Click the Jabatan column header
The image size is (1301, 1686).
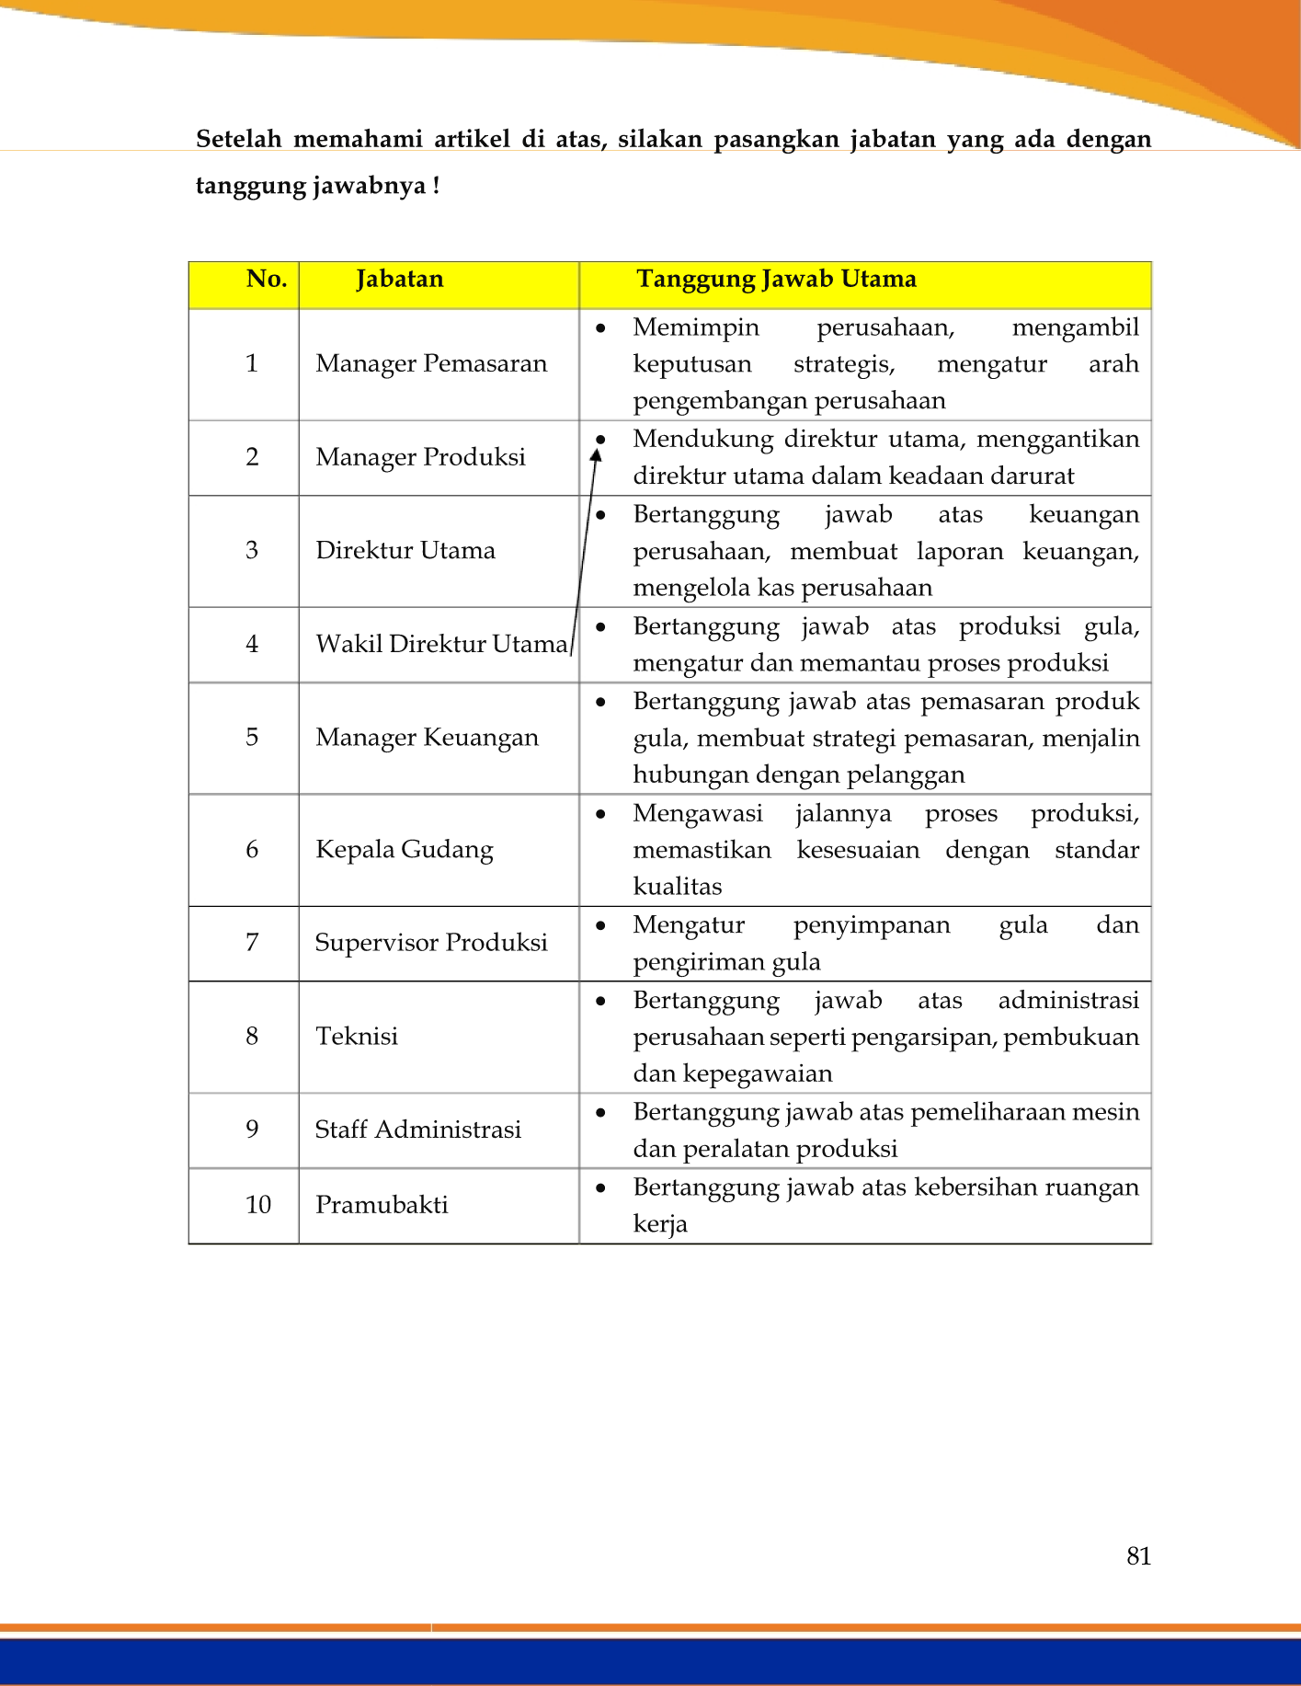(399, 280)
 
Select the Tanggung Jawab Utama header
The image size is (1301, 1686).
(776, 280)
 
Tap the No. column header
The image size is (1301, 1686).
(267, 280)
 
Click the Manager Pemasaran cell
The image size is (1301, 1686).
(431, 364)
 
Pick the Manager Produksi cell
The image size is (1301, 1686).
(420, 457)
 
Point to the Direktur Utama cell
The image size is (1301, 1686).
(405, 551)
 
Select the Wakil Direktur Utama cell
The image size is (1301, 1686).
(441, 644)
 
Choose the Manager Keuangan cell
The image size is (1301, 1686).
(427, 738)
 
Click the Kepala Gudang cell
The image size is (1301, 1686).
(405, 849)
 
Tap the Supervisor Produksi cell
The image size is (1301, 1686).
(431, 943)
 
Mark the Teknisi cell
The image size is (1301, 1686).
(357, 1037)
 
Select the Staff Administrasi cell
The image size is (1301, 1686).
(418, 1130)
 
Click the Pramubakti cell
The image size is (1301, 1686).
(382, 1205)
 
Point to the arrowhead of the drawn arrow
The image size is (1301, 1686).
(596, 453)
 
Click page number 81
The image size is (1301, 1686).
(1138, 1555)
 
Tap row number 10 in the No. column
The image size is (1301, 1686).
(258, 1205)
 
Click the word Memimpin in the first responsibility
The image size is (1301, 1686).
(696, 327)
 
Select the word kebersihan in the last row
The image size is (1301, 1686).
(965, 1187)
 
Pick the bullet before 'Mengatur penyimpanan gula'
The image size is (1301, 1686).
(600, 925)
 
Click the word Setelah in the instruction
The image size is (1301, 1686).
(238, 139)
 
